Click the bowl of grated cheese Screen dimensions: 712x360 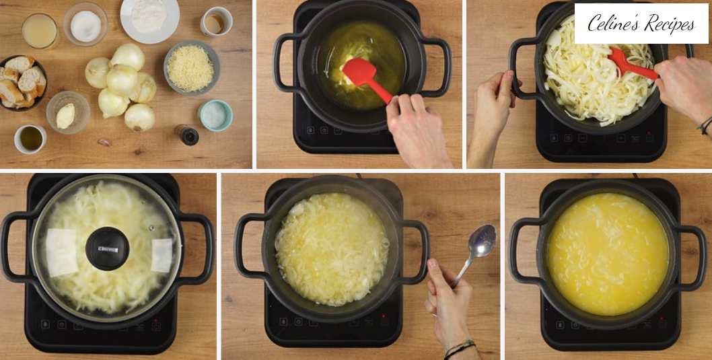192,68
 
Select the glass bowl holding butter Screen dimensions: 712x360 68,112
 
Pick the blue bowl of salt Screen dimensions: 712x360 215,115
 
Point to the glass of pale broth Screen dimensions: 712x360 40,30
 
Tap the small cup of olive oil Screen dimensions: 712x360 30,139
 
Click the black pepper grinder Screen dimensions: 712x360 186,135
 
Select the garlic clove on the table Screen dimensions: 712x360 104,143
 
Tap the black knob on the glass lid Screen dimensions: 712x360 108,248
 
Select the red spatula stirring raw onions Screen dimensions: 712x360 631,64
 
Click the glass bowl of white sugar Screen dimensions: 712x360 86,24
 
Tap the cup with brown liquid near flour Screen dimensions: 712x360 216,21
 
